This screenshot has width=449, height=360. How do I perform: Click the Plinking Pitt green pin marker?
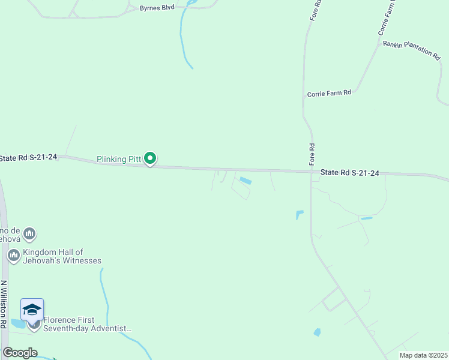coord(151,158)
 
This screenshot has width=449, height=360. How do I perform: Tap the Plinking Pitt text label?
coord(119,159)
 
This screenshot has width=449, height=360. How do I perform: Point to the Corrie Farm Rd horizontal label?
coord(328,94)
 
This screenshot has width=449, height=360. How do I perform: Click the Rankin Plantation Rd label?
coord(411,49)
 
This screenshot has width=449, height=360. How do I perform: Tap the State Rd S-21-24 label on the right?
coord(350,173)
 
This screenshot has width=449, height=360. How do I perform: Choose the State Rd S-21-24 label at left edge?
coord(28,157)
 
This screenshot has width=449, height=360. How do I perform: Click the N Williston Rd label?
coord(4,304)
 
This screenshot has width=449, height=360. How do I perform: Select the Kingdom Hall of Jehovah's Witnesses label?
coord(62,256)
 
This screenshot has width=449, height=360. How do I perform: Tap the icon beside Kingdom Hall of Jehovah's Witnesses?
coord(13,256)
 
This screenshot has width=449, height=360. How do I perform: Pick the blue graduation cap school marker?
coord(32,310)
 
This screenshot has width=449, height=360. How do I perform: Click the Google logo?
coord(20,353)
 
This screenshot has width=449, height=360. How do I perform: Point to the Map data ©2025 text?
coord(423,355)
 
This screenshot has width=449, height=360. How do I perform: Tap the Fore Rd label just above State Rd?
coord(312,154)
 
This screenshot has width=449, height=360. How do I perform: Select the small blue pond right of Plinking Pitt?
coord(245,180)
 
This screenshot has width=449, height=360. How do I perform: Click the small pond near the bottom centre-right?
coord(316,332)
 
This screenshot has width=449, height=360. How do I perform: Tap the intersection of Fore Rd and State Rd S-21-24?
coord(311,172)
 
